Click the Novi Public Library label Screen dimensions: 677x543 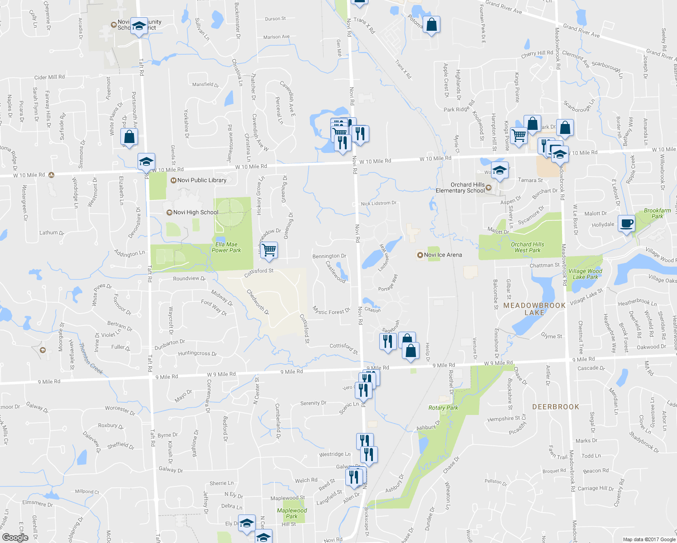tap(201, 180)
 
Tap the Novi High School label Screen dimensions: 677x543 tap(195, 212)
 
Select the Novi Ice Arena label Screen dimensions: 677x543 tap(443, 255)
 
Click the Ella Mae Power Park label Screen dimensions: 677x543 tap(226, 247)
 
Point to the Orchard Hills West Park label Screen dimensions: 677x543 tap(527, 247)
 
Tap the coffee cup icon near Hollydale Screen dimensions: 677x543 tap(627, 224)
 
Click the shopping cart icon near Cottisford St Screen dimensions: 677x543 tap(269, 250)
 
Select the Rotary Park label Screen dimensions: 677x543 tap(443, 408)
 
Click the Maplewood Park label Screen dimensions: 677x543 tap(292, 513)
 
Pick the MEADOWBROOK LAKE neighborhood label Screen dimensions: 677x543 tap(534, 309)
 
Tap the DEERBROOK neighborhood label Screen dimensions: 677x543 tap(556, 407)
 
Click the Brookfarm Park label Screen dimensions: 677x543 tap(657, 213)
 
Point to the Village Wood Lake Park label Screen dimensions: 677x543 tap(585, 274)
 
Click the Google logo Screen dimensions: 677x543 tap(15, 537)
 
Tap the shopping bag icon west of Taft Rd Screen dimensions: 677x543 tap(129, 137)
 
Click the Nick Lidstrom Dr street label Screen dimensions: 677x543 tap(378, 203)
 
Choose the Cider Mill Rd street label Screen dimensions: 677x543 tap(49, 77)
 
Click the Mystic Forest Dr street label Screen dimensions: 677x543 tap(331, 311)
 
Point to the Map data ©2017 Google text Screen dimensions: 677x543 tap(648, 539)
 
